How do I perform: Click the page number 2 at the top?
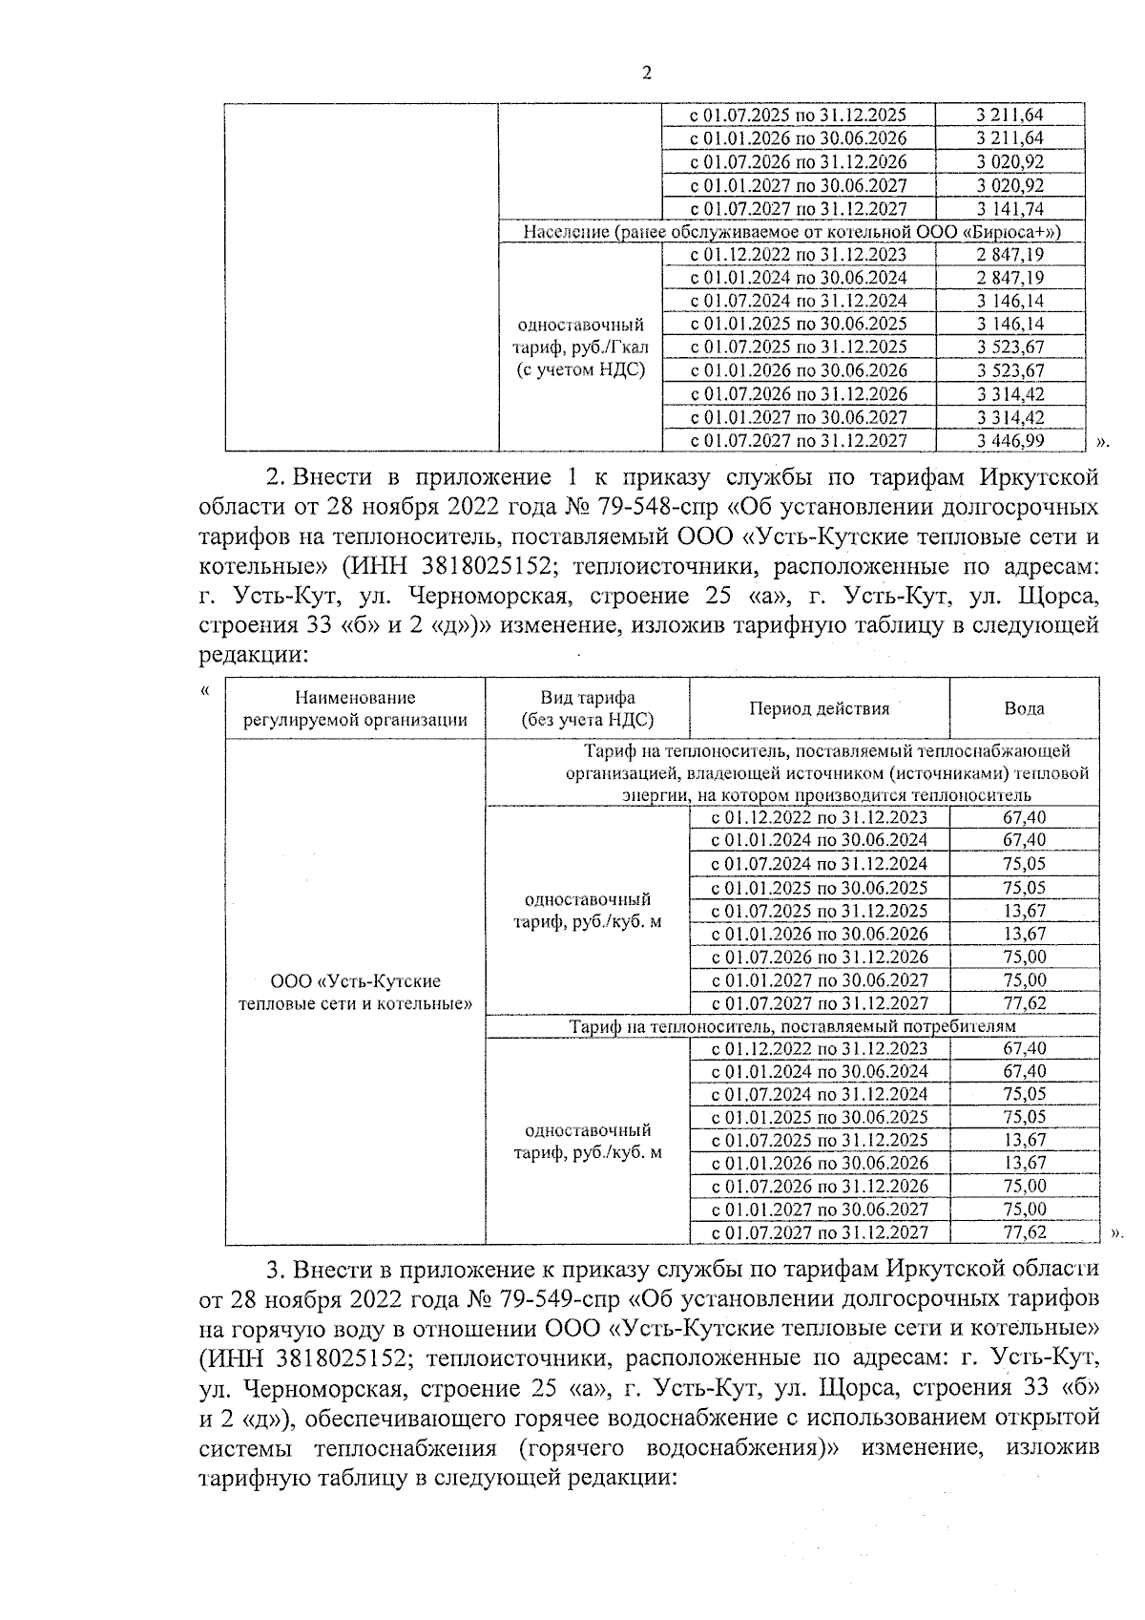pyautogui.click(x=647, y=74)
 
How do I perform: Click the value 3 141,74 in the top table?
pyautogui.click(x=1010, y=208)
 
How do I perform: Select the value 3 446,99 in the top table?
pyautogui.click(x=1010, y=440)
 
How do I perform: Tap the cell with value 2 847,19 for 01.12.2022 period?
pyautogui.click(x=1010, y=254)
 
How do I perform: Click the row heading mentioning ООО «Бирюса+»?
pyautogui.click(x=792, y=231)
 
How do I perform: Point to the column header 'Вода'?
pyautogui.click(x=1024, y=708)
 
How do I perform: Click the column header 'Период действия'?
pyautogui.click(x=819, y=708)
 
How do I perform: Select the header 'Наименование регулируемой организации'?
pyautogui.click(x=355, y=708)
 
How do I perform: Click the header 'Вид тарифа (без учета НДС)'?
pyautogui.click(x=587, y=708)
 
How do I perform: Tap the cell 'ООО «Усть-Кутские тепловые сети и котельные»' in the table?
pyautogui.click(x=355, y=992)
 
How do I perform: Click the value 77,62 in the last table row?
pyautogui.click(x=1025, y=1231)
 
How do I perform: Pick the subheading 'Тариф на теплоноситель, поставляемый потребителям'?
pyautogui.click(x=792, y=1026)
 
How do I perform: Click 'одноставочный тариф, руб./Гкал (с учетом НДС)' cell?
pyautogui.click(x=581, y=347)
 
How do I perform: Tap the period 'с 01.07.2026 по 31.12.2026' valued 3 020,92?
pyautogui.click(x=798, y=161)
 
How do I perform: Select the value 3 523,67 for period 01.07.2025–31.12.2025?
pyautogui.click(x=1010, y=347)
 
